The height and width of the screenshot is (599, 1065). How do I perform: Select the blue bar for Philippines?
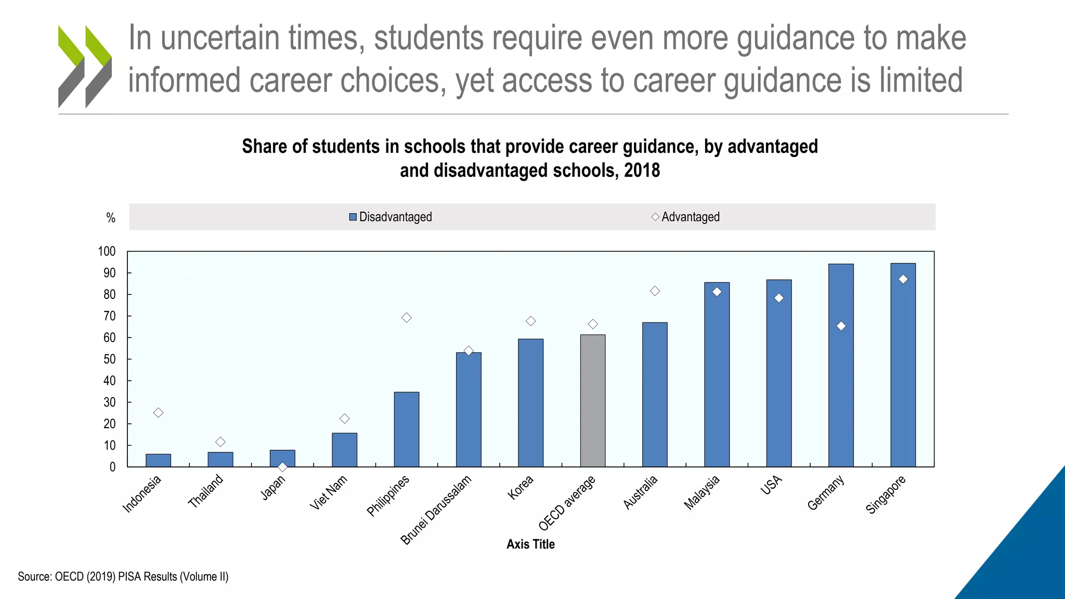coord(406,429)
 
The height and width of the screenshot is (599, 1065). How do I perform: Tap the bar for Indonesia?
coord(158,461)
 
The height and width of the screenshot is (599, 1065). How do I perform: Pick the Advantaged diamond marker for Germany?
coord(841,326)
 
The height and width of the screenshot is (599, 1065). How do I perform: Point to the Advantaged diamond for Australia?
coord(655,291)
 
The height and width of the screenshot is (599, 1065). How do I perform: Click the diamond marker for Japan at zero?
coord(282,467)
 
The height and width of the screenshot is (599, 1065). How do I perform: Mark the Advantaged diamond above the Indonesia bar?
coord(158,412)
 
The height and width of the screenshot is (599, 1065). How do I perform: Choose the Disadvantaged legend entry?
coord(391,217)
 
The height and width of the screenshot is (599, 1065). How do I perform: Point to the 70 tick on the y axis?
coord(109,316)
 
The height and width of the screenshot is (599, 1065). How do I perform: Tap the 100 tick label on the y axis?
coord(107,252)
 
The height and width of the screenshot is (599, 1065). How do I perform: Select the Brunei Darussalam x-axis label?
coord(435,510)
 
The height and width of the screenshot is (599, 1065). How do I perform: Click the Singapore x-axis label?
coord(886,494)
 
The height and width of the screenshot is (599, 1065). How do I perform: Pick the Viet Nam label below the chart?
coord(328,493)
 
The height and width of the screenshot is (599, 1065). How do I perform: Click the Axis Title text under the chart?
coord(530,544)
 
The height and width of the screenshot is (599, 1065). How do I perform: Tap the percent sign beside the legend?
coord(110,218)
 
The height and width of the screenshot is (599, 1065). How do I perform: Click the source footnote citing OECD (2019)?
coord(123,577)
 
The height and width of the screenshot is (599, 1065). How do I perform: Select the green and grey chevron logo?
coord(85,67)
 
